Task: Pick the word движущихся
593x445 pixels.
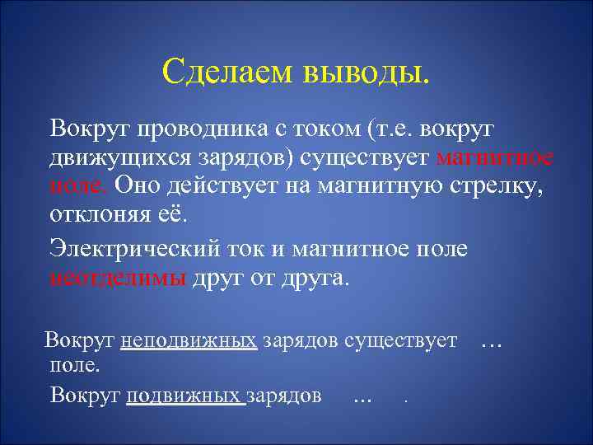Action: pos(114,158)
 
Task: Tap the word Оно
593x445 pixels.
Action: pos(137,187)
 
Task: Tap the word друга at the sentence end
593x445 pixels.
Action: pos(314,277)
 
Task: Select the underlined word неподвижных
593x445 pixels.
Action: pos(189,340)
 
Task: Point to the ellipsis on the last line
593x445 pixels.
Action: pos(362,397)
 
